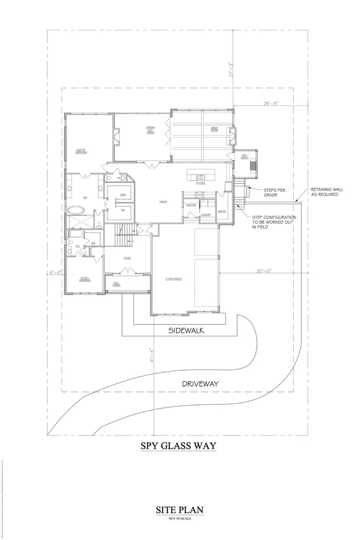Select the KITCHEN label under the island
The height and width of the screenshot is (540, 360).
click(200, 183)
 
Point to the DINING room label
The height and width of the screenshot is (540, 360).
click(163, 202)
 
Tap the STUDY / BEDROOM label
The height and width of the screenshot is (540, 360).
click(85, 280)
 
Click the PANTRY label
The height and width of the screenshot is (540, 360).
click(222, 211)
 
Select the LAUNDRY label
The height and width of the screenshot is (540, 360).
click(206, 214)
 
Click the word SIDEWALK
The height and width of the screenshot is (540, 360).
click(186, 330)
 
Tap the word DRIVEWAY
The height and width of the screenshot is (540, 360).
click(200, 384)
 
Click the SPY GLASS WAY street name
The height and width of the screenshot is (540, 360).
click(178, 445)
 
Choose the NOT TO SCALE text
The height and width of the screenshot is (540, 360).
click(180, 519)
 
